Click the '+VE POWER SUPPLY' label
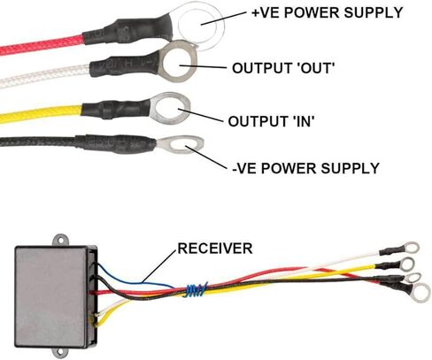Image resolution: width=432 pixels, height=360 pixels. pyautogui.click(x=327, y=13)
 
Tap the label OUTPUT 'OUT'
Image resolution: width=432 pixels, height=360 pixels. pyautogui.click(x=283, y=68)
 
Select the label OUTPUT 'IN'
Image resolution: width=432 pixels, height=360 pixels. pyautogui.click(x=271, y=121)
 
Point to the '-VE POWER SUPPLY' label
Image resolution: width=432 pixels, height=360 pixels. pyautogui.click(x=305, y=168)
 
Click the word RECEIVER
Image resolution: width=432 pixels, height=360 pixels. pyautogui.click(x=215, y=249)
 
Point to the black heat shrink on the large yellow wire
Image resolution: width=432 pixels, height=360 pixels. pyautogui.click(x=116, y=109)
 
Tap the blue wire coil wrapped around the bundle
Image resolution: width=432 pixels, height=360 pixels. pyautogui.click(x=196, y=289)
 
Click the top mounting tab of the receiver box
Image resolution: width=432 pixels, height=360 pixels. pyautogui.click(x=61, y=240)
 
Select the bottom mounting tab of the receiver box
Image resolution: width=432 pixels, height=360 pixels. pyautogui.click(x=60, y=351)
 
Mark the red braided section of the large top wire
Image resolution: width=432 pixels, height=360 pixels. pyautogui.click(x=42, y=45)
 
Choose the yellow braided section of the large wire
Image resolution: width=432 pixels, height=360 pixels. pyautogui.click(x=41, y=113)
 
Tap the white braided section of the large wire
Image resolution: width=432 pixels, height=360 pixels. pyautogui.click(x=45, y=76)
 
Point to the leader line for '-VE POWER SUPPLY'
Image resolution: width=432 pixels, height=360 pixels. pyautogui.click(x=209, y=158)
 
